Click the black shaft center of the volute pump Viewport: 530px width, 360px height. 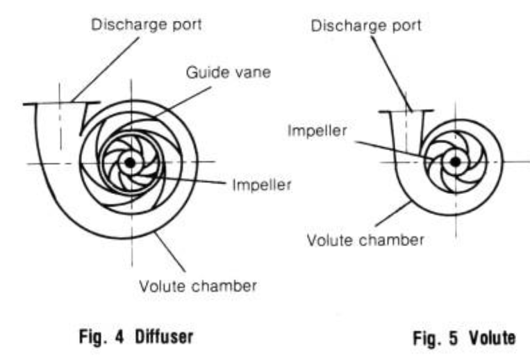(455, 162)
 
